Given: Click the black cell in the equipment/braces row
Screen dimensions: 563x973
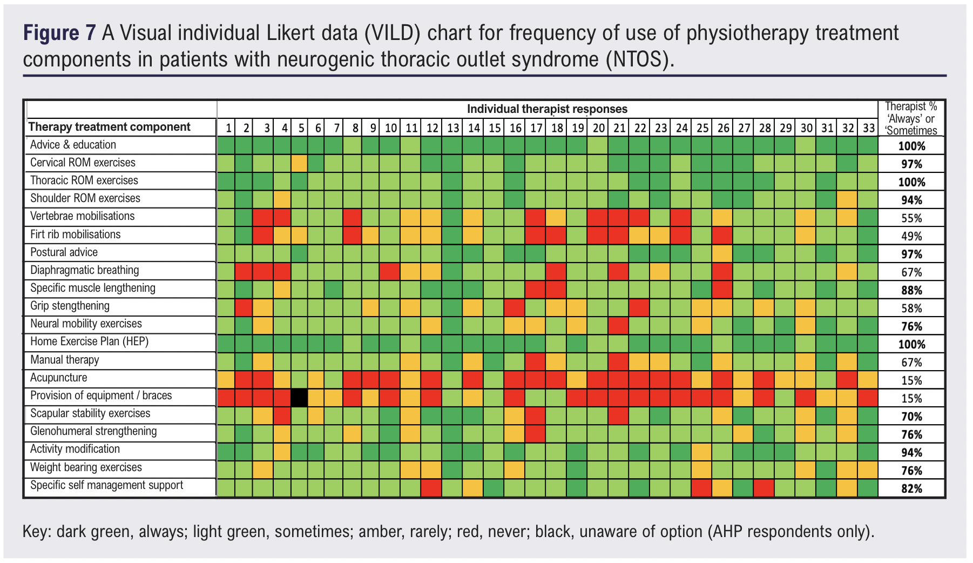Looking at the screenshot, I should coord(299,398).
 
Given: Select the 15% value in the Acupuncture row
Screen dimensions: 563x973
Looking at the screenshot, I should coord(911,380).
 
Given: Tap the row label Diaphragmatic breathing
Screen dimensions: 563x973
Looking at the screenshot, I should coord(85,270).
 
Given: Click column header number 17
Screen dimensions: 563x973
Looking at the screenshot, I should coord(536,128).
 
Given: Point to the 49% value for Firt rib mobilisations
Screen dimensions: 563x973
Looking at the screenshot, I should coord(911,236).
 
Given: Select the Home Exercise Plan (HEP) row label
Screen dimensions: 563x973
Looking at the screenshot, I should coord(89,341).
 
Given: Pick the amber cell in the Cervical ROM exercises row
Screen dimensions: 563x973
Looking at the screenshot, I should coord(299,163).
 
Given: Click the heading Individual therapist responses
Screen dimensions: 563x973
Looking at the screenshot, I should coord(547,109).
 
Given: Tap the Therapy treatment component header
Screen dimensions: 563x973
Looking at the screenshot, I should coord(109,127).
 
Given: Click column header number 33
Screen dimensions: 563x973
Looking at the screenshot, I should coord(869,128).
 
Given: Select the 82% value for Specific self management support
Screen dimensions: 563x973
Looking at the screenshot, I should coord(911,488).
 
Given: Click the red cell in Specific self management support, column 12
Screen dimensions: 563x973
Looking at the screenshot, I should coord(431,488).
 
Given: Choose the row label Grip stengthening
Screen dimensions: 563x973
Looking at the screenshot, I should coord(70,306).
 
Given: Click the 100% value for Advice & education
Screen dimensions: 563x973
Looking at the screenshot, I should coord(911,146).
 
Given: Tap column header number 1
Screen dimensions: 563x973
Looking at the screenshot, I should coord(229,128).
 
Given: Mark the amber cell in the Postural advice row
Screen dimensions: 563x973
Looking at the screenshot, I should coord(723,253).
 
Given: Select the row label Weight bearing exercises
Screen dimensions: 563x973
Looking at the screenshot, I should coord(86,467).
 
